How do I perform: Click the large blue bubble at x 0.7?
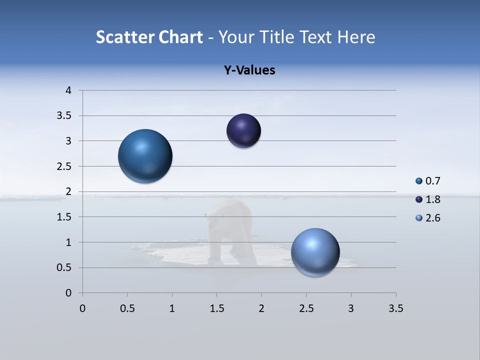click(145, 156)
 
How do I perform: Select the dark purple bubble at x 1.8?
click(243, 131)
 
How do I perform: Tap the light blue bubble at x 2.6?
click(315, 252)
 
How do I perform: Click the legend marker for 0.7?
click(419, 181)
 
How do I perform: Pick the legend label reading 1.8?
click(433, 199)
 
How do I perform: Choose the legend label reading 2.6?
click(433, 218)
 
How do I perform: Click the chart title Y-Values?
click(249, 70)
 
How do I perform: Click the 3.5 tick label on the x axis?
click(395, 308)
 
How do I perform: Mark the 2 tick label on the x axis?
click(261, 308)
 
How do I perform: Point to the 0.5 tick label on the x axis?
click(127, 308)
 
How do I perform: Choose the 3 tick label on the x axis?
click(350, 308)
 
